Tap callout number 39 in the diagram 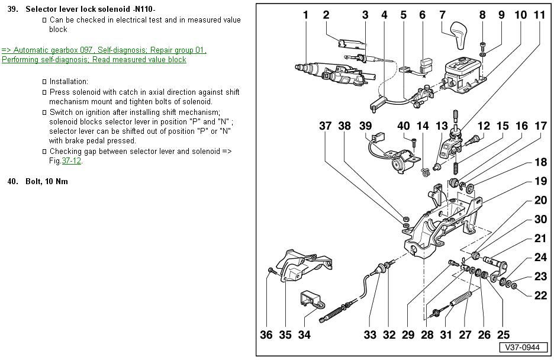click(x=366, y=126)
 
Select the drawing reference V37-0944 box click(x=522, y=348)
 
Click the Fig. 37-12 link click(x=72, y=161)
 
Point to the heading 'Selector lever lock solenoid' click(x=78, y=9)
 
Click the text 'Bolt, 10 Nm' click(x=47, y=182)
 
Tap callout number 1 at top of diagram click(x=305, y=15)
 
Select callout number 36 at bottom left click(x=266, y=335)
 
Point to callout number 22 click(x=540, y=295)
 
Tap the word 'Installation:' click(x=69, y=82)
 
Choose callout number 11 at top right click(x=540, y=15)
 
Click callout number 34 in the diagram click(x=304, y=335)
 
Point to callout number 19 click(x=540, y=181)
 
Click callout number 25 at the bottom click(x=503, y=335)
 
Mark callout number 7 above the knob click(x=442, y=15)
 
